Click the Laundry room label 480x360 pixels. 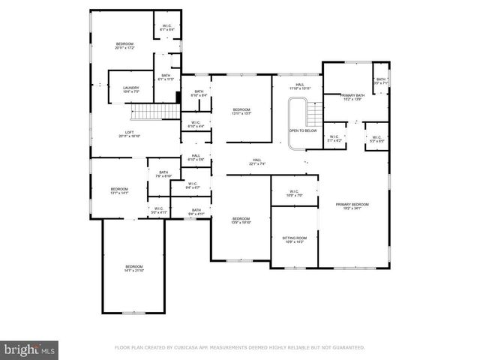tap(130, 90)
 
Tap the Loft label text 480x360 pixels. tap(129, 135)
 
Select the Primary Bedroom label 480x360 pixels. tap(352, 205)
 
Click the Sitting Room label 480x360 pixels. tap(294, 239)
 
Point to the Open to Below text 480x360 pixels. tap(302, 130)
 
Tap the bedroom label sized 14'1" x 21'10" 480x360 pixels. tap(133, 269)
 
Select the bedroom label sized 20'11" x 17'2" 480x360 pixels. tap(124, 46)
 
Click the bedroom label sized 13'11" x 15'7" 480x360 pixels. tap(241, 112)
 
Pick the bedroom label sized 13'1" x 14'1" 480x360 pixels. tap(119, 190)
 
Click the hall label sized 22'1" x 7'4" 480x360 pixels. tap(256, 161)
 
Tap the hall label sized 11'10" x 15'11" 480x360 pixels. tap(299, 87)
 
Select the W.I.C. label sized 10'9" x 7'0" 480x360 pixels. tap(294, 193)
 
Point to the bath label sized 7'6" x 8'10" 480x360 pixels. tap(163, 174)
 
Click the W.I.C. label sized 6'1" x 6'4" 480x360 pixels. tap(167, 28)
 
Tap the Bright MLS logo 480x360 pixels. tap(30, 349)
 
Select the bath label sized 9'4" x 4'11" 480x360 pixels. tap(196, 211)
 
